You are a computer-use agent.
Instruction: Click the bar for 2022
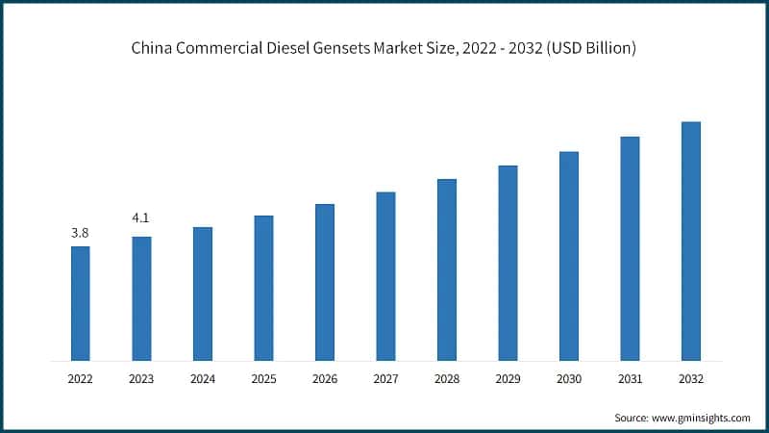click(x=80, y=303)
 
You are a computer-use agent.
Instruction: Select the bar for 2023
click(x=141, y=298)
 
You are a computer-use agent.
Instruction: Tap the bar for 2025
click(x=263, y=288)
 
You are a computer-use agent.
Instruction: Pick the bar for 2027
click(x=385, y=276)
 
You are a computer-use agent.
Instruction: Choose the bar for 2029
click(x=508, y=263)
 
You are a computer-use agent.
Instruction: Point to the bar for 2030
click(x=569, y=256)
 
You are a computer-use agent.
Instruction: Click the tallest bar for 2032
click(x=691, y=241)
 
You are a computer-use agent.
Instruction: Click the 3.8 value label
click(x=80, y=233)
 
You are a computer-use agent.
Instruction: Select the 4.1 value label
click(x=141, y=220)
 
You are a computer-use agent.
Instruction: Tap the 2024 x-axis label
click(x=202, y=380)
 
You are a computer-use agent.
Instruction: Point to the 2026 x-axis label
click(x=325, y=380)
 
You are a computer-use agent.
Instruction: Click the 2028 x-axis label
click(x=447, y=380)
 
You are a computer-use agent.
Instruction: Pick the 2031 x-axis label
click(x=630, y=380)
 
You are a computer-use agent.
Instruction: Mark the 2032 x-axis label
click(x=691, y=380)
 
